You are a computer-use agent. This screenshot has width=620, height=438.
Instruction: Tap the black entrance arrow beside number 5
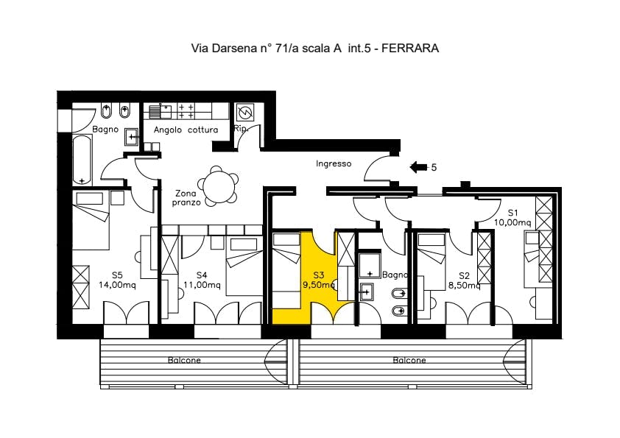pyautogui.click(x=418, y=167)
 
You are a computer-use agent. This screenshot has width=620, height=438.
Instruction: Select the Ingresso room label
pyautogui.click(x=334, y=164)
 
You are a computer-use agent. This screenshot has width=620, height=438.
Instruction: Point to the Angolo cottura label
pyautogui.click(x=186, y=130)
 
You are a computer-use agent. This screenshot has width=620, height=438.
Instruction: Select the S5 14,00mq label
pyautogui.click(x=117, y=280)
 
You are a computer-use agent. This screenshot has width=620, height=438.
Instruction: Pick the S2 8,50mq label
pyautogui.click(x=464, y=280)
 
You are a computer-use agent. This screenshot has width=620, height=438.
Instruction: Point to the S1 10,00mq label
pyautogui.click(x=512, y=216)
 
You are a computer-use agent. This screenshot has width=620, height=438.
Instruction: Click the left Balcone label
pyautogui.click(x=183, y=361)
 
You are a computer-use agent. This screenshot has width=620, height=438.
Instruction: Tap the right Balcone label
pyautogui.click(x=409, y=361)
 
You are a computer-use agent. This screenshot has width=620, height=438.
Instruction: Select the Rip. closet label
pyautogui.click(x=240, y=130)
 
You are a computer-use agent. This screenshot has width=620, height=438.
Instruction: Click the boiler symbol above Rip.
pyautogui.click(x=246, y=113)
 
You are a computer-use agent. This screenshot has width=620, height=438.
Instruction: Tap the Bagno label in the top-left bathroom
pyautogui.click(x=105, y=130)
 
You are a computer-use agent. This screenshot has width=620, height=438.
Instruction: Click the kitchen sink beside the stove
pyautogui.click(x=156, y=111)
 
